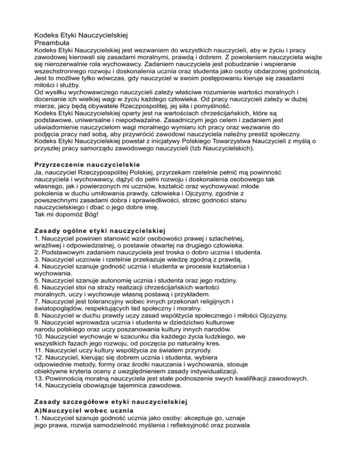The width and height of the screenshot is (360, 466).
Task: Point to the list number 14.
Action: (x=39, y=386)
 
